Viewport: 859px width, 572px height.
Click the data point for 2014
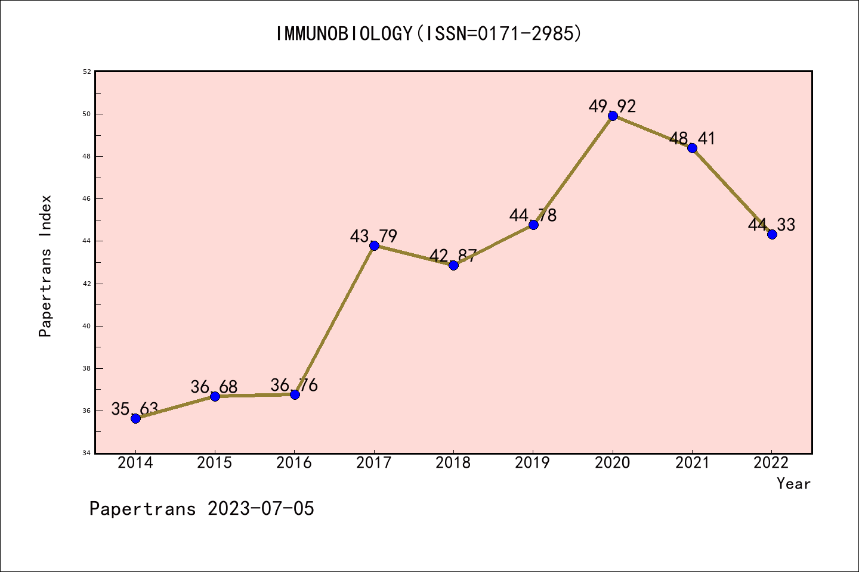[135, 418]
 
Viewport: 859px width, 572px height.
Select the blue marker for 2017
[374, 245]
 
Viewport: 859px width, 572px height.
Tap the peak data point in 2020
[613, 116]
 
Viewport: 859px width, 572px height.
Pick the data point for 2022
[772, 234]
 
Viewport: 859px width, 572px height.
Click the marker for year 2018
[453, 265]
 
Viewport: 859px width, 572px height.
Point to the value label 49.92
[612, 107]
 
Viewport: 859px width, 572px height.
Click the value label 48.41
[692, 139]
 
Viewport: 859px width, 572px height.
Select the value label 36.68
[214, 387]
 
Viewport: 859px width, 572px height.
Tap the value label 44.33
[771, 225]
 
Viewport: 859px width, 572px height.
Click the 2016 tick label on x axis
[294, 463]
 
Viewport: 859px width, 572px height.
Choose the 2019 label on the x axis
[533, 463]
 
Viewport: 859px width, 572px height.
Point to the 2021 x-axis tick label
[692, 463]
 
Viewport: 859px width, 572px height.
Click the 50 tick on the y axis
[87, 114]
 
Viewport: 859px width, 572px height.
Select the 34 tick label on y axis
[87, 453]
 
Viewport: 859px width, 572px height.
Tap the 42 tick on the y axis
[87, 284]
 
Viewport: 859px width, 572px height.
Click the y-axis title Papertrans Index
[45, 266]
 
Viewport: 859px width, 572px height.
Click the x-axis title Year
[793, 484]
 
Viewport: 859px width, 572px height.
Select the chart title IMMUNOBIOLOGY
[428, 34]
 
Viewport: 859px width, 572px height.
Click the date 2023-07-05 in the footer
[261, 509]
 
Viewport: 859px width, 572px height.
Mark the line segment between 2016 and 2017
[334, 320]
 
